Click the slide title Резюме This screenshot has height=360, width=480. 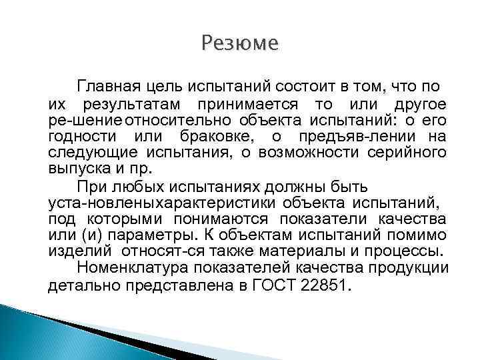(239, 45)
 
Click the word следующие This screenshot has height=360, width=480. (83, 153)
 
